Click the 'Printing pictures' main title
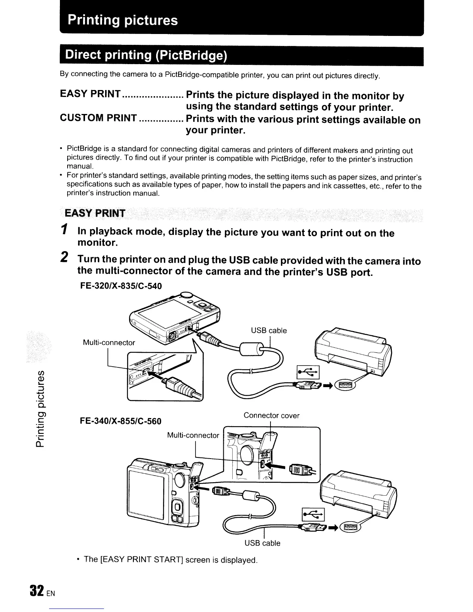[x=123, y=20]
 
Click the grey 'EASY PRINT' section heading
[x=95, y=213]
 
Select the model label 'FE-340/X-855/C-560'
[x=121, y=421]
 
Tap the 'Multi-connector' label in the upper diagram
[x=109, y=342]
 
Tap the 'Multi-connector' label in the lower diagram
[x=193, y=435]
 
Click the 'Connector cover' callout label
[x=271, y=416]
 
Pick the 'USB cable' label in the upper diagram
[x=269, y=330]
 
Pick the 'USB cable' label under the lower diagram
[x=262, y=543]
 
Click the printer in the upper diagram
[x=353, y=350]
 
